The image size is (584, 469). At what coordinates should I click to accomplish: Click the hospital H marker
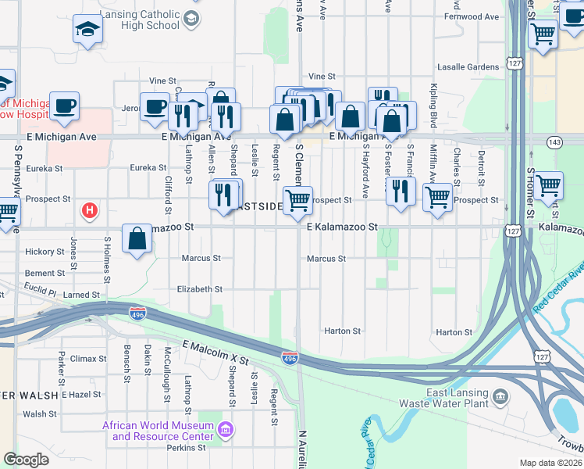click(90, 210)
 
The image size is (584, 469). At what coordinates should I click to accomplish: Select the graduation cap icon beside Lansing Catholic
click(87, 30)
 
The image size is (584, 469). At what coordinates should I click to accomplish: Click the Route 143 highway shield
click(554, 142)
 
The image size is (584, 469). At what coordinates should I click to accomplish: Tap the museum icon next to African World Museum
click(226, 430)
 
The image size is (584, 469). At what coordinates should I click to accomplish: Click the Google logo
click(26, 460)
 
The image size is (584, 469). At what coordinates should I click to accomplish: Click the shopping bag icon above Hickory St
click(137, 239)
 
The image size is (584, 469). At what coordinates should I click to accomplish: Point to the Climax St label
click(88, 359)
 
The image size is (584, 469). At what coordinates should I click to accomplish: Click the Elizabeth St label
click(200, 289)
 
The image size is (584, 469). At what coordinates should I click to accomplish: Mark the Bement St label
click(45, 274)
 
